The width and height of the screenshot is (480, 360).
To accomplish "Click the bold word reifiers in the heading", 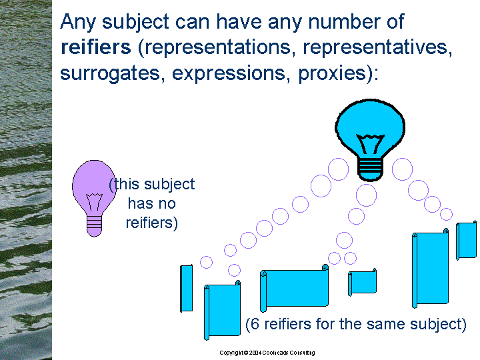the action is coord(96,47).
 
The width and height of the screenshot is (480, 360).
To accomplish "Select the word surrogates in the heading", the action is coord(110,74).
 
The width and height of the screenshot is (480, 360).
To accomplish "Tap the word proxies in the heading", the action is coord(332,73).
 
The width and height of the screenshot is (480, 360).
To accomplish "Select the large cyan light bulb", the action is coord(371,140).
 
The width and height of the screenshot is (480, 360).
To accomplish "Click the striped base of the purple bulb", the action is coord(94,226).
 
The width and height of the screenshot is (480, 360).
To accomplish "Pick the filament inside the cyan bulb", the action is coord(371,143).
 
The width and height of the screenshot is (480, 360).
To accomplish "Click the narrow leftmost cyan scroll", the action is coord(187,289).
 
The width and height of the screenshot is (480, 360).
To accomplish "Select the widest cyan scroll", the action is coord(294,288).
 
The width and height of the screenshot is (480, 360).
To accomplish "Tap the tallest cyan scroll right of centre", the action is coord(430,268).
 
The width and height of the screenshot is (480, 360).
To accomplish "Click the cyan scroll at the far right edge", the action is coord(466,240).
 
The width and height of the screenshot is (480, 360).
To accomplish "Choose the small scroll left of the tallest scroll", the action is coord(362,282).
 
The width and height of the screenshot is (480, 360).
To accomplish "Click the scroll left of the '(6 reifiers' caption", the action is coord(222,309).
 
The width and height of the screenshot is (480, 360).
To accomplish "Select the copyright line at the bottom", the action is coord(267,353).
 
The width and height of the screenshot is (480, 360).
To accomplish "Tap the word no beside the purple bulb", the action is coord(167,204).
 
